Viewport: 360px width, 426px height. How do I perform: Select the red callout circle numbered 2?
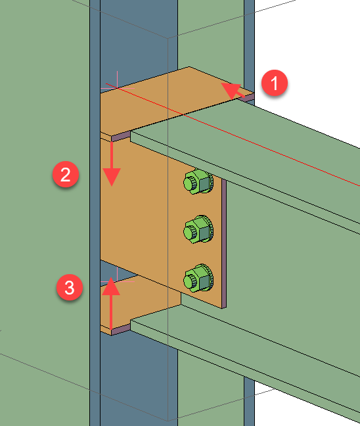pyautogui.click(x=66, y=176)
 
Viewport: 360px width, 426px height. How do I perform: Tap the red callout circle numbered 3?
pyautogui.click(x=69, y=287)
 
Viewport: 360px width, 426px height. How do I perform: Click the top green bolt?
pyautogui.click(x=197, y=182)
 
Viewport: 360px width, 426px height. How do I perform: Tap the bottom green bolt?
pyautogui.click(x=197, y=277)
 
